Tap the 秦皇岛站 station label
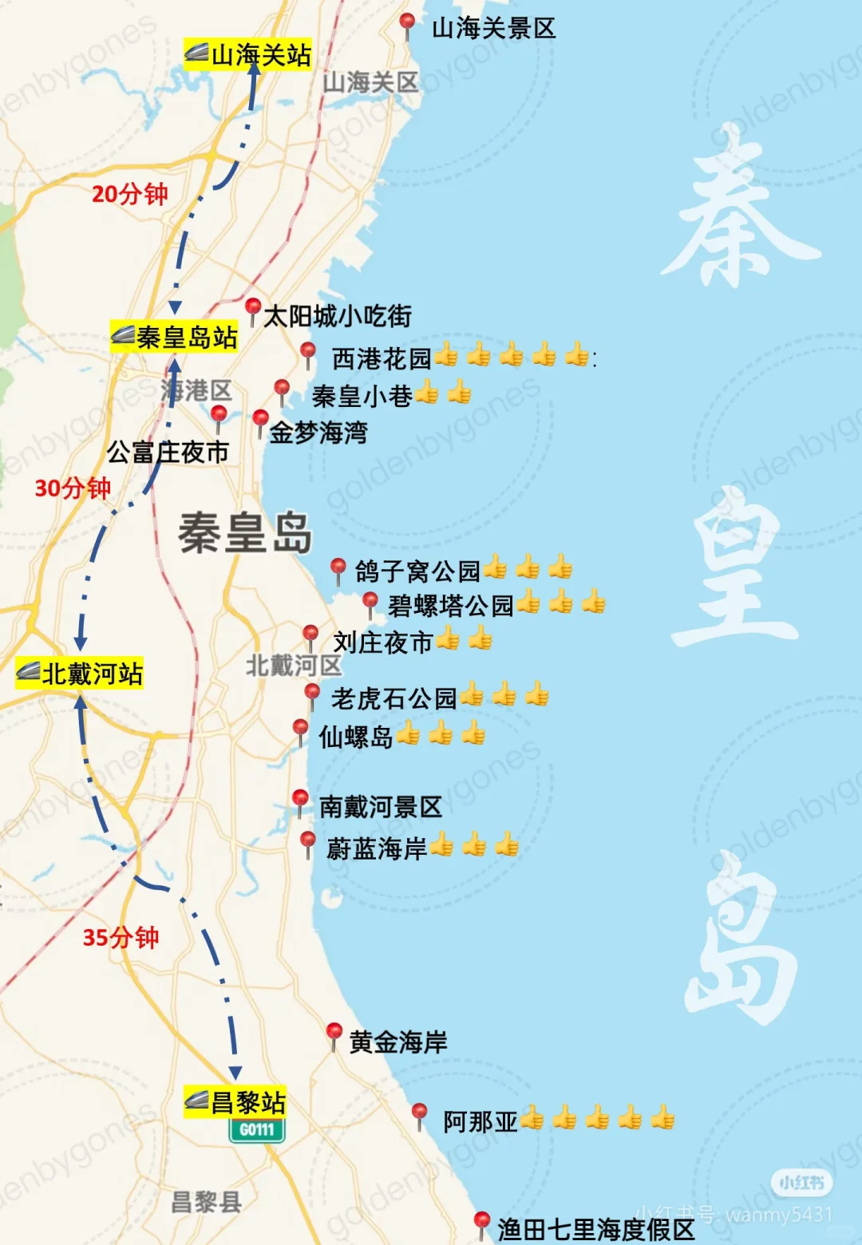pyautogui.click(x=175, y=337)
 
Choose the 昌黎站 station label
pyautogui.click(x=235, y=1102)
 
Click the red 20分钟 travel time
pyautogui.click(x=129, y=194)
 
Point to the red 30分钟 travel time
pyautogui.click(x=73, y=488)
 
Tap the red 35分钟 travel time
pyautogui.click(x=121, y=937)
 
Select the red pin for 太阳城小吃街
pyautogui.click(x=253, y=308)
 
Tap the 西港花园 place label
pyautogui.click(x=382, y=358)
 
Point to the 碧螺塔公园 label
pyautogui.click(x=450, y=606)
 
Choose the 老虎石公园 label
pyautogui.click(x=393, y=698)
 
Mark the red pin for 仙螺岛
pyautogui.click(x=300, y=729)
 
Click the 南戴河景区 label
pyautogui.click(x=380, y=807)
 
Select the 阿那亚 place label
pyautogui.click(x=480, y=1121)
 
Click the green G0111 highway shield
pyautogui.click(x=256, y=1130)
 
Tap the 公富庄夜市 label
pyautogui.click(x=168, y=453)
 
